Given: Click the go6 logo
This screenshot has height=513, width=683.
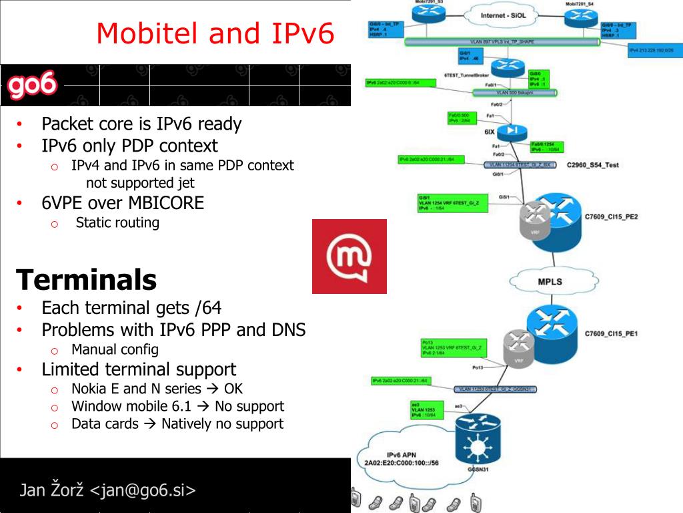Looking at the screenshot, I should (x=32, y=86).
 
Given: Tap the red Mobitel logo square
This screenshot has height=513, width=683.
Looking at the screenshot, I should (x=349, y=256).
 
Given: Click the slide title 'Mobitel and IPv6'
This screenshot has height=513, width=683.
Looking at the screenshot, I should (x=215, y=33).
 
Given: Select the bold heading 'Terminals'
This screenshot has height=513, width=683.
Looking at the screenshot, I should (x=86, y=280).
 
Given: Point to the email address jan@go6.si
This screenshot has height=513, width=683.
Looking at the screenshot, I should (x=143, y=490).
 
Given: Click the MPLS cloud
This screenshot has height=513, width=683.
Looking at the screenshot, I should (x=550, y=281).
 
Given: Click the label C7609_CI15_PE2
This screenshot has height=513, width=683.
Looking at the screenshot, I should (x=612, y=216).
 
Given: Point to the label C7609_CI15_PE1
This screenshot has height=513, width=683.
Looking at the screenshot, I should (x=612, y=333).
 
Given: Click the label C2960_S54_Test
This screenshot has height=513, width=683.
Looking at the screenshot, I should (x=592, y=164).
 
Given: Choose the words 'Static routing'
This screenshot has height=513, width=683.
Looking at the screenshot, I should (x=117, y=222).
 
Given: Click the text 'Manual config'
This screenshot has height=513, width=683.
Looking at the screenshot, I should (x=115, y=349).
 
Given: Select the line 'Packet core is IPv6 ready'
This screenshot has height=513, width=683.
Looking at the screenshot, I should (x=141, y=124).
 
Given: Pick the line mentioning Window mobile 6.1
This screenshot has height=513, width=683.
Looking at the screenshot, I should (x=177, y=406).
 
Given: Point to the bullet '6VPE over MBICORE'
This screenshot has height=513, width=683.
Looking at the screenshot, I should (x=123, y=202).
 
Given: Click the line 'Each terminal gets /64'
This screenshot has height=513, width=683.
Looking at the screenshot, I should (x=131, y=308).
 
